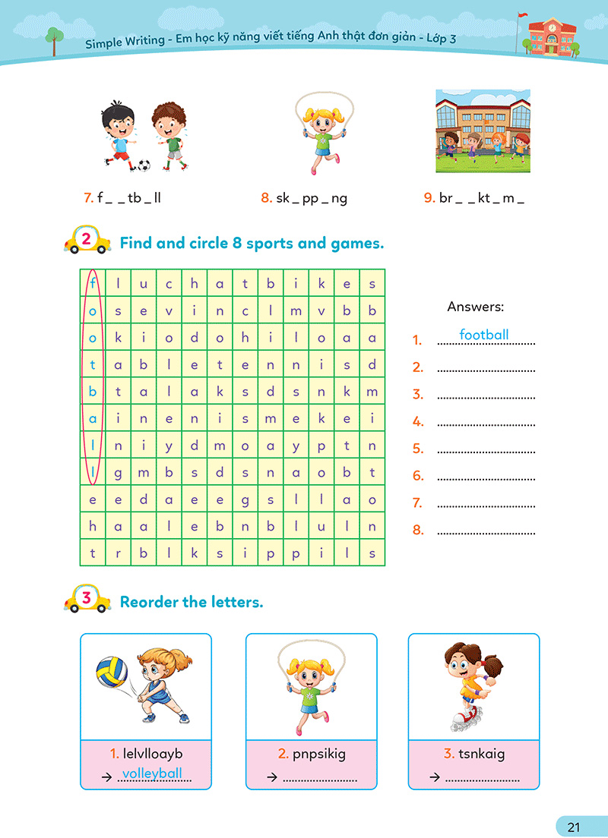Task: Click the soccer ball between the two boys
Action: [x=144, y=164]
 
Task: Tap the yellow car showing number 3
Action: [x=86, y=599]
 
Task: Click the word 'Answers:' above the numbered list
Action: [x=476, y=307]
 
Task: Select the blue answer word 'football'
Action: [x=484, y=335]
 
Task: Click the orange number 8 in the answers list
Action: [x=418, y=530]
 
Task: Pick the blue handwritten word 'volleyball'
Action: [x=152, y=773]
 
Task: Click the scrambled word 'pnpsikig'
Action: [x=318, y=754]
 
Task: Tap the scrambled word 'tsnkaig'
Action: [x=481, y=754]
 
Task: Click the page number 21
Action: [x=574, y=827]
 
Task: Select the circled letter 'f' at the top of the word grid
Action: [x=93, y=284]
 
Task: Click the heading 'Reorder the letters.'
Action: [x=192, y=602]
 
